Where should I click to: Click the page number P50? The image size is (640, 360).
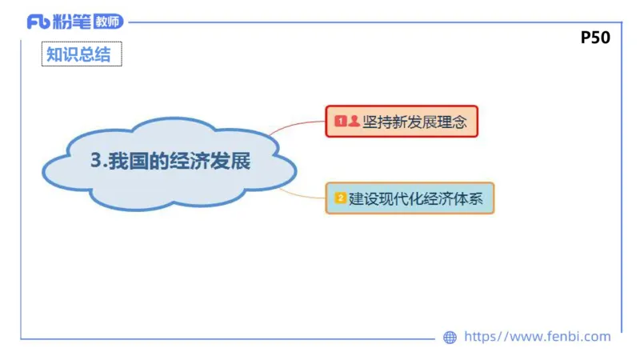click(595, 37)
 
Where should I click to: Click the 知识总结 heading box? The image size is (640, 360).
click(82, 54)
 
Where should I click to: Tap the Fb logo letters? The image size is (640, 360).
click(38, 22)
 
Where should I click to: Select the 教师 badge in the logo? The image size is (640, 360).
click(108, 22)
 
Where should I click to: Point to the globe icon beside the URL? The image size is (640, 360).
click(450, 338)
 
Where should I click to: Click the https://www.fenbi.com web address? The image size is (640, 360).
click(537, 337)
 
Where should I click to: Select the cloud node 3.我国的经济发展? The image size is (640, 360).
click(170, 162)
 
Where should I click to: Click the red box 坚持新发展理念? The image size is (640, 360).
click(402, 122)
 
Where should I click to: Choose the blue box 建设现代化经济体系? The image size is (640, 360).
click(410, 198)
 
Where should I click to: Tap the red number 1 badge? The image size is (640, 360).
click(340, 122)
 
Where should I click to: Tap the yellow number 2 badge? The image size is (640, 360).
click(340, 198)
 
